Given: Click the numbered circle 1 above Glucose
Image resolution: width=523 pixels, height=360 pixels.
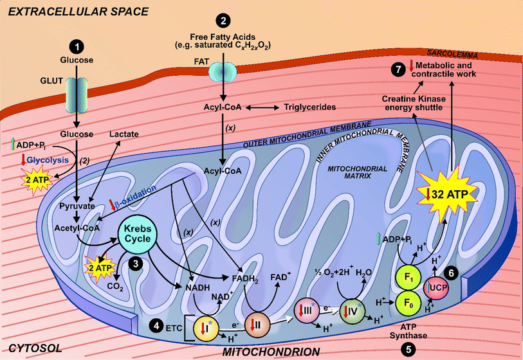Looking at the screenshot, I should click(x=77, y=47).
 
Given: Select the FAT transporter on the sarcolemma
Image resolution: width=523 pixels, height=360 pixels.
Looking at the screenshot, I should click(x=222, y=71).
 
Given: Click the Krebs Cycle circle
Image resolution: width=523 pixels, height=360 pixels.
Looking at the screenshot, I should click(x=134, y=236).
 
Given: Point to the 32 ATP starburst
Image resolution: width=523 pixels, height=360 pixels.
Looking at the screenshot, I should click(x=444, y=190).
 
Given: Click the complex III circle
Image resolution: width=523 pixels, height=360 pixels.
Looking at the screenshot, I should click(x=306, y=313).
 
